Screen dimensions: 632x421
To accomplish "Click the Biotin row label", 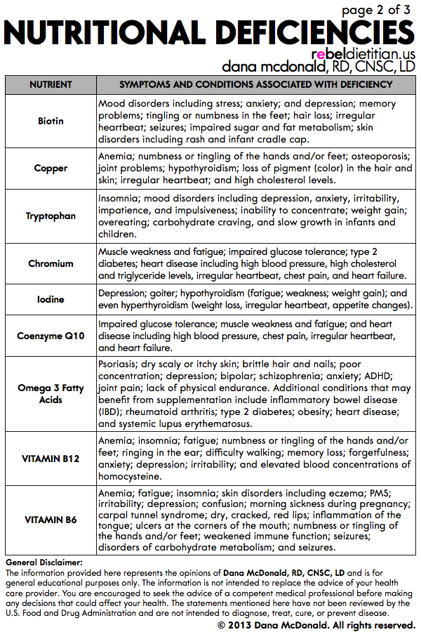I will (x=51, y=121).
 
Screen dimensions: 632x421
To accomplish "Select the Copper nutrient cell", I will (x=51, y=169).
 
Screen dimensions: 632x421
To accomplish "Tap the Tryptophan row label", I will (x=51, y=216).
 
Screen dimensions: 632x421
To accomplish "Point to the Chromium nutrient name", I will (x=51, y=263).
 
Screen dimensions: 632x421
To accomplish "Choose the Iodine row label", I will (x=51, y=299).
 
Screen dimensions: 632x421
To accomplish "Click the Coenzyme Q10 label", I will (x=51, y=336).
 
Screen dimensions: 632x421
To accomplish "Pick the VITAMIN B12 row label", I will (x=51, y=458).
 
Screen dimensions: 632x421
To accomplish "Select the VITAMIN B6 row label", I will (x=51, y=520).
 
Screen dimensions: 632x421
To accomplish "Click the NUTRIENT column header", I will (x=51, y=84).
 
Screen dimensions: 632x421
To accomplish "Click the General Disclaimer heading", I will (x=44, y=562).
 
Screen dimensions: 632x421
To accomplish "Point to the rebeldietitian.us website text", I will (x=363, y=54).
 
